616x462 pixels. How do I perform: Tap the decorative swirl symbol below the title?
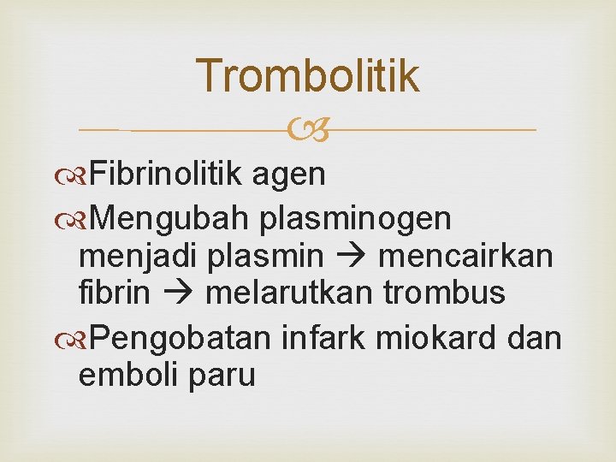point(308,130)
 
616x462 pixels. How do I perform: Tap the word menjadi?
point(136,256)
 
